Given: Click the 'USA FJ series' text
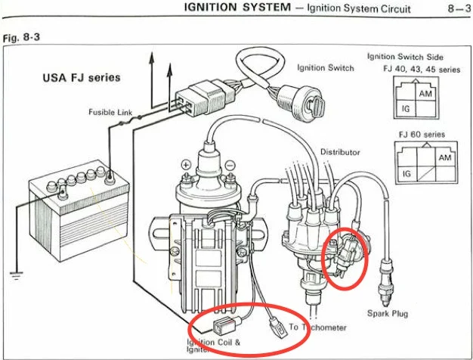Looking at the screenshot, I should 81,78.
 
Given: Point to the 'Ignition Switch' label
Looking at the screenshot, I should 325,68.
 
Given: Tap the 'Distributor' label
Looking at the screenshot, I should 340,152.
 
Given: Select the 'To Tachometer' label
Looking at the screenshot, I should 318,327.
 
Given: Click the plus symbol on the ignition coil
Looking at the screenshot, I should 184,164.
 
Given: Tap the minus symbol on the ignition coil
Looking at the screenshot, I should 230,164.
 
